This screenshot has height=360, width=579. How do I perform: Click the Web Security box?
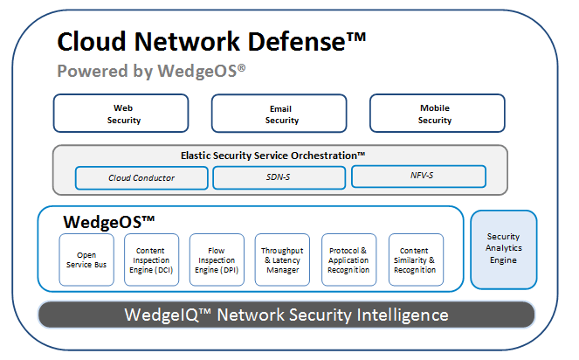coord(121,114)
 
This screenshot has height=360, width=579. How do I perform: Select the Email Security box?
coord(280,114)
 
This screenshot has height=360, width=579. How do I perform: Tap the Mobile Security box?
coord(438,114)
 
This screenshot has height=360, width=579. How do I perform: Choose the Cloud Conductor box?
coord(141,177)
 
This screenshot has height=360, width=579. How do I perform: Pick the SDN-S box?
coord(279,177)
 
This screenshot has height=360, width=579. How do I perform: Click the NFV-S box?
coord(418,177)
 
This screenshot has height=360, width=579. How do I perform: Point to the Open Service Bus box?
coord(86,260)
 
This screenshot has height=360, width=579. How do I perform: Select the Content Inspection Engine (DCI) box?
coord(152,260)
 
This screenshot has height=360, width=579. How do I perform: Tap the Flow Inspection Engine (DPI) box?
coord(217,260)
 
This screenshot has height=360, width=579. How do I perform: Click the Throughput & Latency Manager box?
coord(282,260)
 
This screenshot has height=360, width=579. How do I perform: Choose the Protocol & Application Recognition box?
coord(349,260)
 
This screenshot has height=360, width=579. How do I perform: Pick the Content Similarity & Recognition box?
coord(416,260)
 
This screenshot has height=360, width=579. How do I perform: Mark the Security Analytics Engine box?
coord(504,249)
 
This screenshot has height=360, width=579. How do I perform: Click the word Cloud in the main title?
coord(93,42)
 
